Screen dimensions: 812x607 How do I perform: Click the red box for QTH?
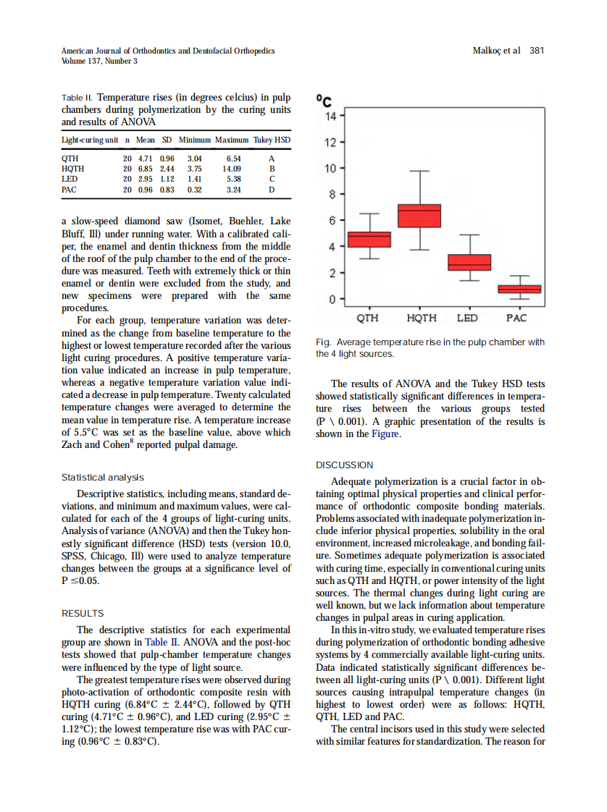(369, 240)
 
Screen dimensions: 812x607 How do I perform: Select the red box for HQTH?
(419, 216)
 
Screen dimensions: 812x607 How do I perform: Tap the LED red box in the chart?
(469, 262)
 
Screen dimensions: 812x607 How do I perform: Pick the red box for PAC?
(519, 289)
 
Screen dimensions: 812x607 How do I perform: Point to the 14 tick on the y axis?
(330, 116)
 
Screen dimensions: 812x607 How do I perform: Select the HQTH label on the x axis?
(421, 318)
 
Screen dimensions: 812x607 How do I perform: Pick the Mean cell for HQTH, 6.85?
(146, 168)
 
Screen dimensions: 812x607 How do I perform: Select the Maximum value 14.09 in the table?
(233, 168)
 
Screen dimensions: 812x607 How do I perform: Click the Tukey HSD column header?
(272, 139)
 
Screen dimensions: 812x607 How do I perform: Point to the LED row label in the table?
(70, 179)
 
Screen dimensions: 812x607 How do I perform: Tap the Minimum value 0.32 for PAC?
(194, 190)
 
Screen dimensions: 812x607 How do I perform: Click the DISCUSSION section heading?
(345, 465)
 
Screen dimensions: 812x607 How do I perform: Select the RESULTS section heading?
(83, 613)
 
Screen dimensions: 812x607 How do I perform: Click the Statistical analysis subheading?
(103, 478)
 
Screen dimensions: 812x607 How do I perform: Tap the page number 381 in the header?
(537, 51)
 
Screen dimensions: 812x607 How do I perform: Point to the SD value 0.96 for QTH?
(167, 157)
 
